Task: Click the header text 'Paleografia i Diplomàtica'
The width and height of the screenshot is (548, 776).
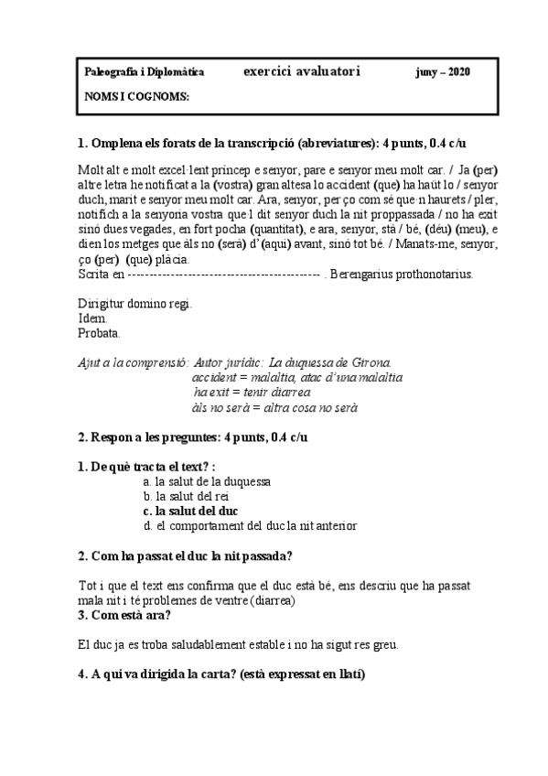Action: click(x=144, y=71)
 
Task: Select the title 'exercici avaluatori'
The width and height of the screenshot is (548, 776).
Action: click(x=303, y=70)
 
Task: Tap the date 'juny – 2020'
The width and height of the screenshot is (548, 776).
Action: click(x=443, y=71)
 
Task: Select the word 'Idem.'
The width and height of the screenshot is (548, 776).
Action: click(x=93, y=318)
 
